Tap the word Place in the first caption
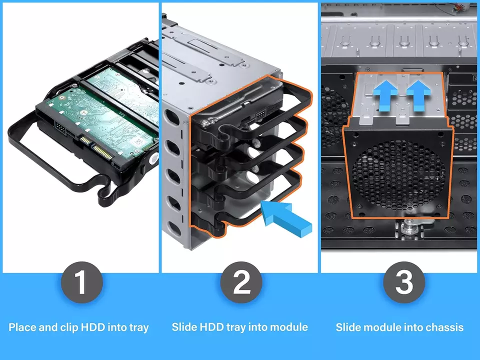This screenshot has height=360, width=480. pyautogui.click(x=22, y=328)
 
